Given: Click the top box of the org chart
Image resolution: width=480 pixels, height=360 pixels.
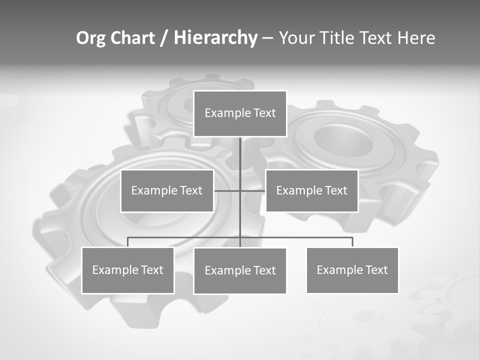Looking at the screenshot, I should (x=240, y=113).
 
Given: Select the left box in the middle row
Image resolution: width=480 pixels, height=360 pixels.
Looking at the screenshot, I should (x=167, y=190).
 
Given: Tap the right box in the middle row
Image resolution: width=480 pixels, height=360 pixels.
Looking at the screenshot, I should (x=311, y=190).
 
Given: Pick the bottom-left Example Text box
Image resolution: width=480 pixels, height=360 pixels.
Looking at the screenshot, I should (x=127, y=270).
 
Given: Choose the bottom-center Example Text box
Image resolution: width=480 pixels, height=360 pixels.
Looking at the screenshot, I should (x=240, y=270).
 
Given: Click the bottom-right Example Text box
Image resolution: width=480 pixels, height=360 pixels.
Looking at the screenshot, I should (x=352, y=270).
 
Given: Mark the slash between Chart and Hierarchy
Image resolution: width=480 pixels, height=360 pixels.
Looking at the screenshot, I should (x=164, y=38).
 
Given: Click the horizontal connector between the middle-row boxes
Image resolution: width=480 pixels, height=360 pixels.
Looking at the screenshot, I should (x=227, y=190).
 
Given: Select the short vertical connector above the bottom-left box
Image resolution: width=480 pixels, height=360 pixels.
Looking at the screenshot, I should (x=127, y=242).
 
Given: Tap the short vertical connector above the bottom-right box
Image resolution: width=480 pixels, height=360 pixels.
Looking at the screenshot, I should (x=352, y=242).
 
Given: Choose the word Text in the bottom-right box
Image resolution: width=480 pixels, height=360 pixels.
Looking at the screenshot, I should (x=376, y=270).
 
